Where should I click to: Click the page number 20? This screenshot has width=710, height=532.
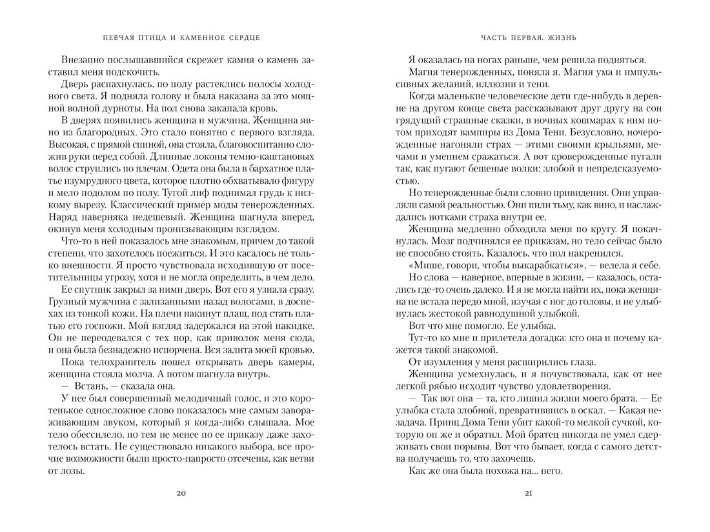click(181, 493)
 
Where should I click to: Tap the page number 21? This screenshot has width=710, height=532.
click(528, 493)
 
